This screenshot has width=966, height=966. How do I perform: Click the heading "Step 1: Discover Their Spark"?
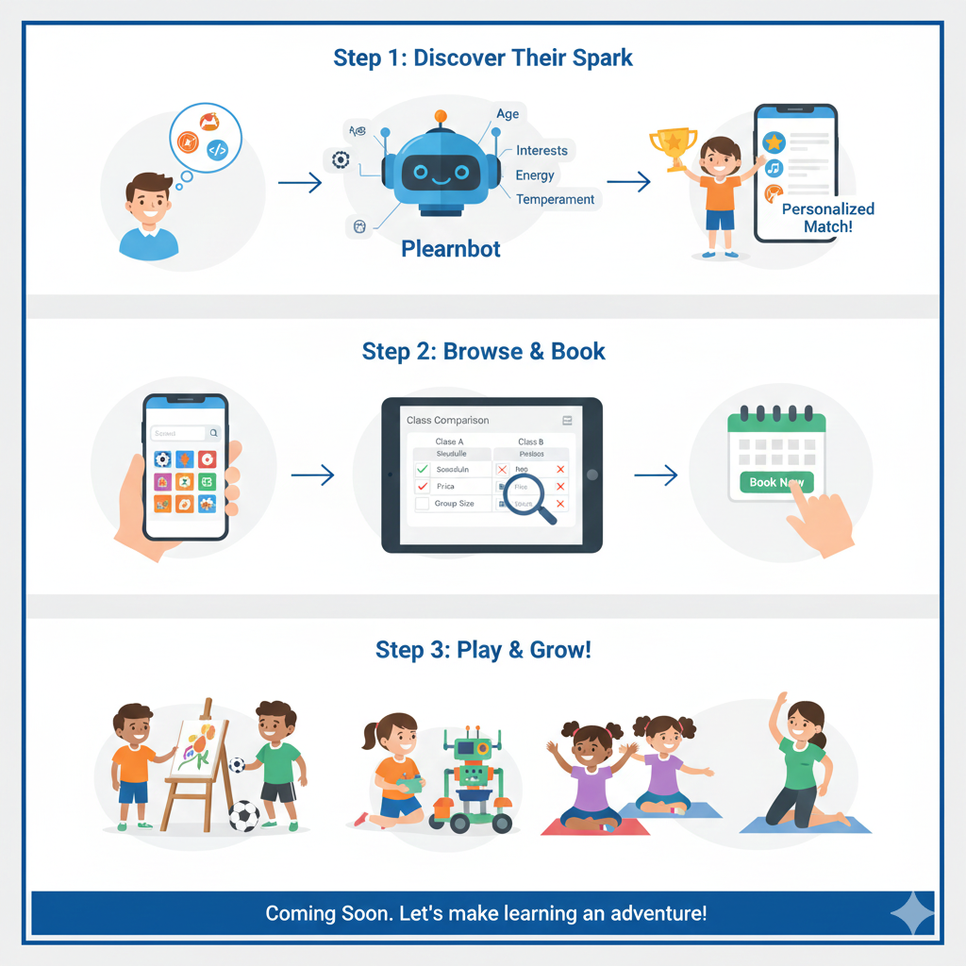483,58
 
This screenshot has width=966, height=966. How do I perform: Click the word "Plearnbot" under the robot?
451,249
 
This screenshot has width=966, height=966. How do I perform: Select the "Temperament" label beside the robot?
555,199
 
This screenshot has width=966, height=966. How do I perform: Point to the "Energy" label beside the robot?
535,175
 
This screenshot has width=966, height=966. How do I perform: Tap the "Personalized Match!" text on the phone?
827,218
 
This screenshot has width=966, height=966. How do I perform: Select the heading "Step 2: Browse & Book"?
483,352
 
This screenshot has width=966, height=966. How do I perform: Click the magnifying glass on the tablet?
523,497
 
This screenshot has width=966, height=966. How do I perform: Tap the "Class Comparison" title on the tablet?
447,420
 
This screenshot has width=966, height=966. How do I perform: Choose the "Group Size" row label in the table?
454,504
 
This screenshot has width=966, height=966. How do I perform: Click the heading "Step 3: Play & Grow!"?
483,650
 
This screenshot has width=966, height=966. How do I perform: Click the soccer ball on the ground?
244,815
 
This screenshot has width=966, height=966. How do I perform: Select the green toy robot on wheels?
472,783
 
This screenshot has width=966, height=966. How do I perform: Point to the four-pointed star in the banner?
911,913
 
